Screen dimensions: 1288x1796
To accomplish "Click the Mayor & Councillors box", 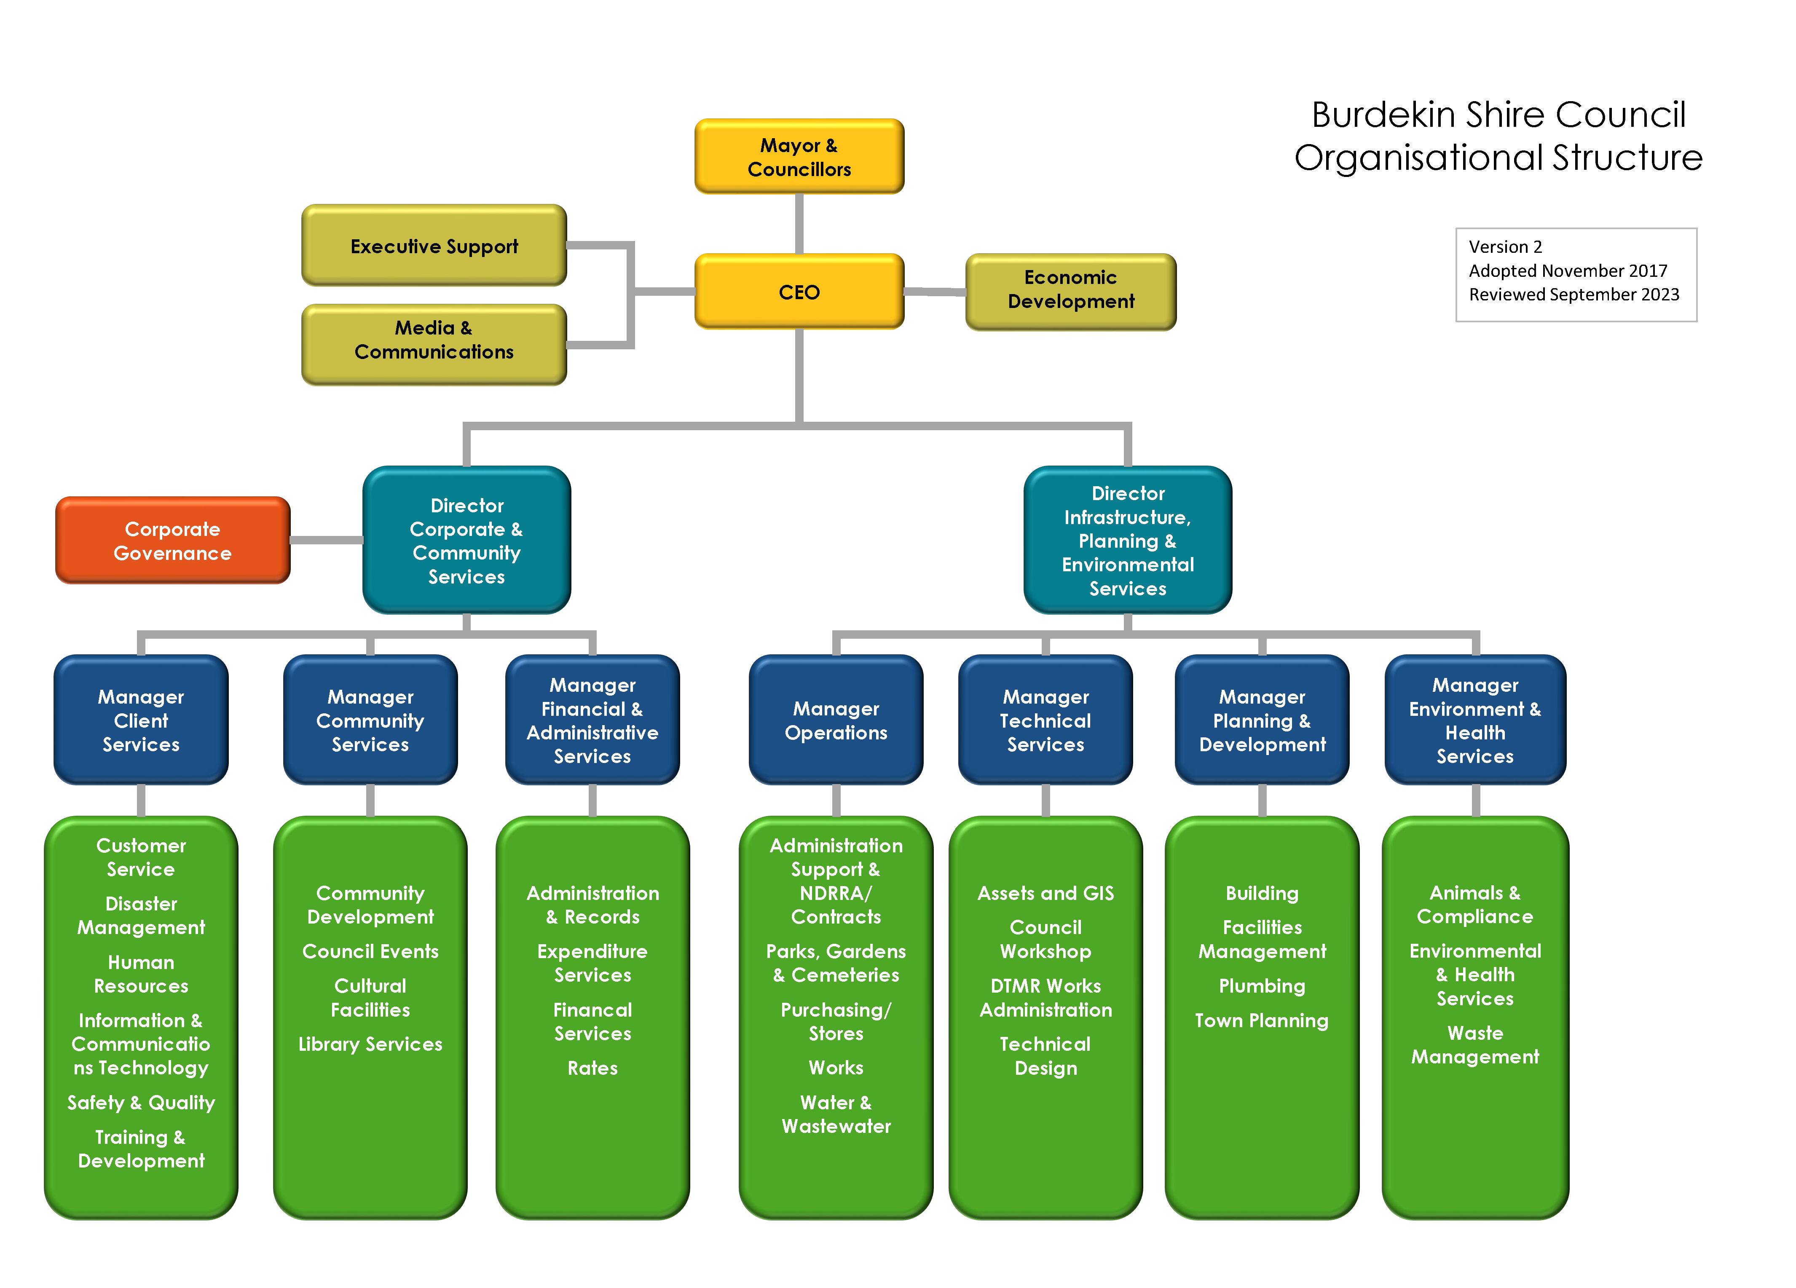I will click(799, 157).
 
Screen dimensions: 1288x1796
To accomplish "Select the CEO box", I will click(799, 292).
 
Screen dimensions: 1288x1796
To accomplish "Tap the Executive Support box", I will click(434, 246).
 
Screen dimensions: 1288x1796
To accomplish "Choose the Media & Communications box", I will click(434, 340).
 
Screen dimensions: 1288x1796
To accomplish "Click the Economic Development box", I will click(1071, 290).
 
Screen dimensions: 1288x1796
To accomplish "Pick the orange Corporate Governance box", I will click(173, 541).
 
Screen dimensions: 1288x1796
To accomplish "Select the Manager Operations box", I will click(836, 720).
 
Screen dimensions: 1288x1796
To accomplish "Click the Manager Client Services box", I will click(141, 720).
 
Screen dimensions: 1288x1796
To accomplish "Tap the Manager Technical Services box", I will click(1045, 720).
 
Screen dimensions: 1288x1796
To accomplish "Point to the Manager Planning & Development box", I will click(1262, 720).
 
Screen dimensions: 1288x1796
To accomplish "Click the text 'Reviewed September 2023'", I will click(1574, 295).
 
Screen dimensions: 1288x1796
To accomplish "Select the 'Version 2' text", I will click(1505, 247).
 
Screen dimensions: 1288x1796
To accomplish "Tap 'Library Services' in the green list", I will click(370, 1044).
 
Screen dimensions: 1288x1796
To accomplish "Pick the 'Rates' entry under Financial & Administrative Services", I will click(592, 1068).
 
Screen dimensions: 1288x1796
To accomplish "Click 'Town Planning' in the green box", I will click(1262, 1020).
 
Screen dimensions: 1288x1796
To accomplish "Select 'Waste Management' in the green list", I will click(1474, 1045).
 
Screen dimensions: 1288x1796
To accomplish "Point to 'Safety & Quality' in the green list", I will click(141, 1103).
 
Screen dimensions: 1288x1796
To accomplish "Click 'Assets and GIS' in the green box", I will click(1045, 893).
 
